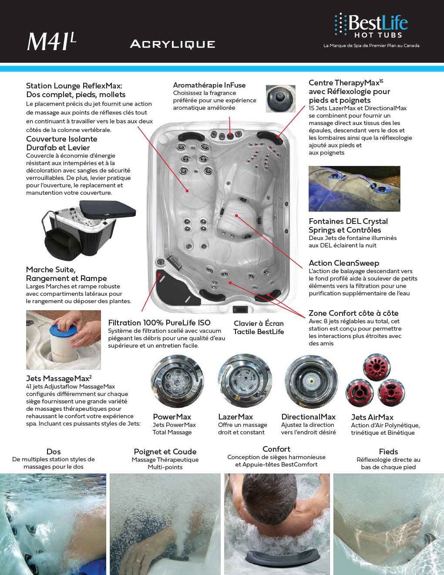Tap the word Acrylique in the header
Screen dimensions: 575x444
tap(172, 44)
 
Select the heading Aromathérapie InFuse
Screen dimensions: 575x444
tap(209, 85)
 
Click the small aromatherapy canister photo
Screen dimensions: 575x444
tap(280, 99)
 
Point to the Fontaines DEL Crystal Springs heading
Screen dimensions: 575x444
tap(348, 226)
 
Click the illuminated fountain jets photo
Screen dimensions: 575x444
tap(354, 189)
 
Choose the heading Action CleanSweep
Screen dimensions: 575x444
tap(343, 263)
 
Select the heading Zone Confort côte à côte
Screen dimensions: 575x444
tap(353, 313)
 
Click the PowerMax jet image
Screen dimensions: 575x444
tap(177, 382)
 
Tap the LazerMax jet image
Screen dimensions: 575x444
tap(245, 381)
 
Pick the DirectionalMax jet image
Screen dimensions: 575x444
tap(311, 381)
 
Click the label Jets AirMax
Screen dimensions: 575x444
tap(372, 417)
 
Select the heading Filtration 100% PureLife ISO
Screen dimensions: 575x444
tap(159, 323)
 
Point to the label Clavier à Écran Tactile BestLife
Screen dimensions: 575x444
tap(259, 328)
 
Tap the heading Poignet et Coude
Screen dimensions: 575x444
tap(165, 452)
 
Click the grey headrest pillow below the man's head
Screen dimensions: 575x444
tap(274, 558)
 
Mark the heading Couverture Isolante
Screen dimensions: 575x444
tap(61, 139)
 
